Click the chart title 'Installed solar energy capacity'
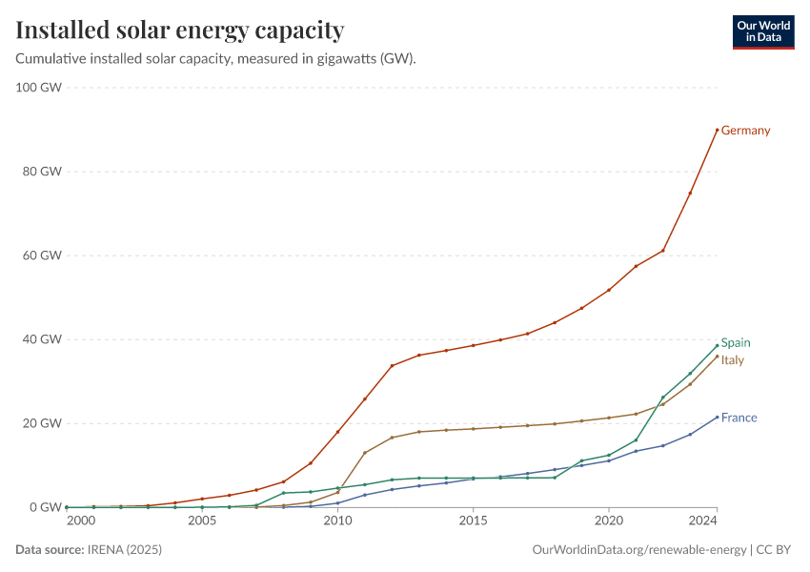tap(180, 31)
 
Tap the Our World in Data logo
tap(762, 31)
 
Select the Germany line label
tap(745, 131)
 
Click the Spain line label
tap(736, 343)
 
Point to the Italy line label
tap(732, 360)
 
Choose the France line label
tap(739, 418)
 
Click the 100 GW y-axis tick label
tap(39, 88)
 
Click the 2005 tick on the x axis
tap(201, 521)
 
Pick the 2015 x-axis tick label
tap(473, 521)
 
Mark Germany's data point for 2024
tap(717, 130)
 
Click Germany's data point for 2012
tap(392, 366)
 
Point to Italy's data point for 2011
tap(364, 453)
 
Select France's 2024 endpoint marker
tap(717, 417)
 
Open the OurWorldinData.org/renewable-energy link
tap(638, 550)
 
